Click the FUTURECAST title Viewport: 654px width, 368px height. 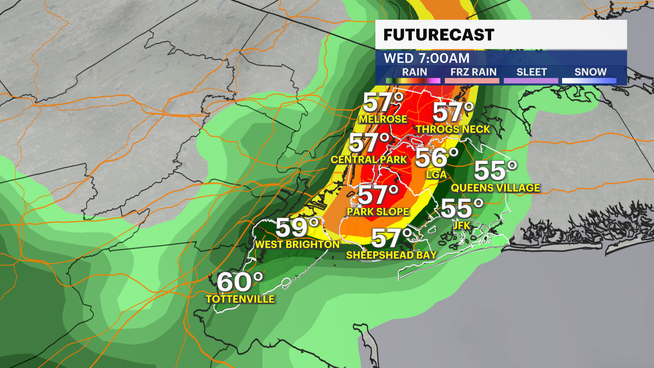[438, 35]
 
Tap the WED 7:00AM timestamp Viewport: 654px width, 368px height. [426, 58]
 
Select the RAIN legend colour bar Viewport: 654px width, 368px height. [413, 81]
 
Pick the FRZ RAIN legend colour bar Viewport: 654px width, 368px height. [472, 81]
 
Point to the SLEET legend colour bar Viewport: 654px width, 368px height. [531, 81]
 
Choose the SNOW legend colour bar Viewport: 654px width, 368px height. [589, 81]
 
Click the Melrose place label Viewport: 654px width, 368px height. [383, 119]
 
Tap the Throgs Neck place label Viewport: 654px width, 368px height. [453, 129]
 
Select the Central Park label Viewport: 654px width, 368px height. [369, 159]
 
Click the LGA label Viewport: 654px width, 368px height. [436, 175]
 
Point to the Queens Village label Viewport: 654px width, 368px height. [495, 188]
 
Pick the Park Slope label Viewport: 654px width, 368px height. [378, 212]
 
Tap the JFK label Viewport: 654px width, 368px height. [462, 225]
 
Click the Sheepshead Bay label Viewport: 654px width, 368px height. [391, 255]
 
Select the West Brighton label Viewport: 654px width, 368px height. [297, 244]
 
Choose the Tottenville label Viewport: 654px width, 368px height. [240, 299]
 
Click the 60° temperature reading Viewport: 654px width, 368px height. [240, 282]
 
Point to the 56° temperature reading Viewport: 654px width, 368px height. [436, 157]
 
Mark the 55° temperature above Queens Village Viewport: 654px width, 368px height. [495, 170]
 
